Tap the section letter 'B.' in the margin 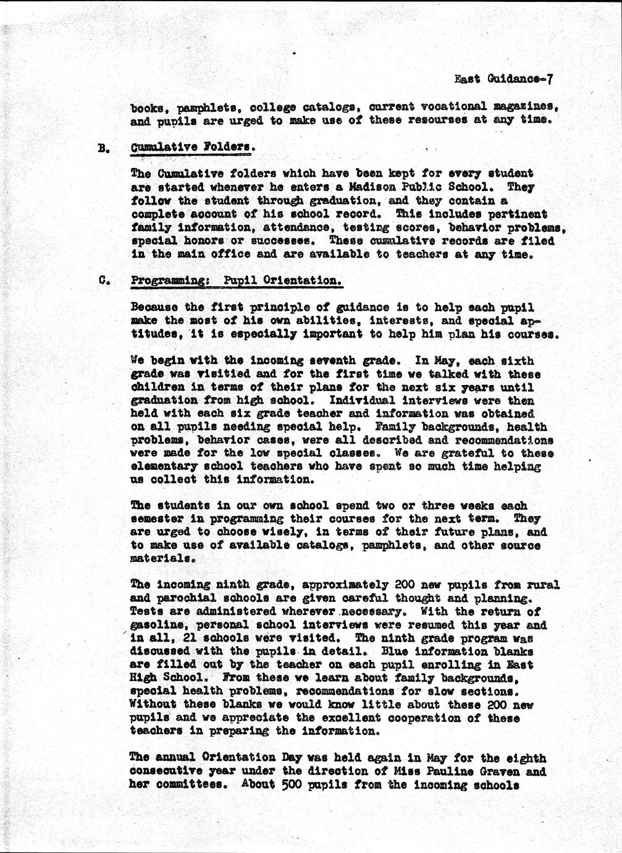tap(103, 149)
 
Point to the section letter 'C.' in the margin tap(103, 280)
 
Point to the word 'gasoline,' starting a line tap(158, 625)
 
